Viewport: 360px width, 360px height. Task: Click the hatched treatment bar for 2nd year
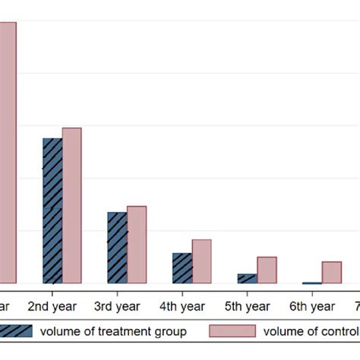click(52, 210)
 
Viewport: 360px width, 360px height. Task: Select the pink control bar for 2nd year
click(71, 205)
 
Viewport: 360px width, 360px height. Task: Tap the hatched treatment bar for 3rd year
click(117, 248)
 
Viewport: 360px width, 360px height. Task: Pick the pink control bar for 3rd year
click(137, 245)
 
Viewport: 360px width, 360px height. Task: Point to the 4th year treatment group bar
click(182, 268)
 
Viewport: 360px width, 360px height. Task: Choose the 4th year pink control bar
click(202, 261)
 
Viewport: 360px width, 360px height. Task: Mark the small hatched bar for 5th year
click(248, 278)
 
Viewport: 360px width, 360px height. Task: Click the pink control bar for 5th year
click(267, 270)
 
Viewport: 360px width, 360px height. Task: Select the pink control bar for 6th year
click(332, 272)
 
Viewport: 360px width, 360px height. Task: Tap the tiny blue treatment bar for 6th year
click(312, 283)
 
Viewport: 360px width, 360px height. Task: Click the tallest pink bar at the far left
click(7, 152)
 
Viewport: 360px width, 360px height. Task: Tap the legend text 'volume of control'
click(311, 330)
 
